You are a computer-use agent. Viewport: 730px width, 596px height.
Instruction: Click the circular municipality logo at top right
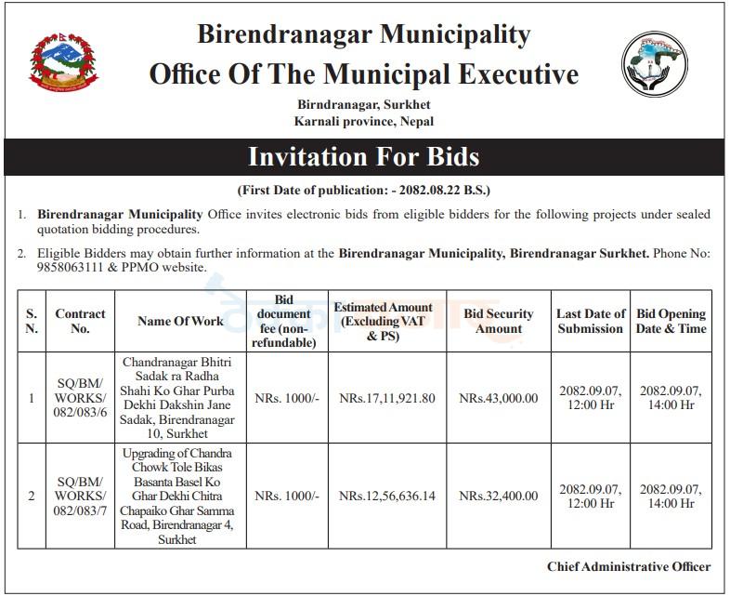[x=654, y=64]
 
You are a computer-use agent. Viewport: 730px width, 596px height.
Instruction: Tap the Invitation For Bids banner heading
[x=364, y=155]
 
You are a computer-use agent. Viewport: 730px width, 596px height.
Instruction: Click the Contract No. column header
[x=80, y=321]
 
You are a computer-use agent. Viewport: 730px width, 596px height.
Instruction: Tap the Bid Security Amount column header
[x=499, y=321]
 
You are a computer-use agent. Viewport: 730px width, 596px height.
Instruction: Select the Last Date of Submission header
[x=591, y=321]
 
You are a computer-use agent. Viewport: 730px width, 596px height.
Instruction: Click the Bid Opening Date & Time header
[x=671, y=321]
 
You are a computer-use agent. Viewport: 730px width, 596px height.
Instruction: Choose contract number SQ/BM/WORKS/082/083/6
[x=80, y=398]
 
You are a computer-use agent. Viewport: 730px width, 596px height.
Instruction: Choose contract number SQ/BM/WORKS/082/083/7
[x=80, y=496]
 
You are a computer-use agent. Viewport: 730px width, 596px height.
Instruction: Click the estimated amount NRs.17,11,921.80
[x=386, y=398]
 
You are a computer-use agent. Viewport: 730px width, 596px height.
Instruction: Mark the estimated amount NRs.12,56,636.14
[x=386, y=496]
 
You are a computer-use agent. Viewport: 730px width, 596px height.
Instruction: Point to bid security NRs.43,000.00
[x=499, y=398]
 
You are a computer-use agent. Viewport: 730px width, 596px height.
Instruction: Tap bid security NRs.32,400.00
[x=499, y=496]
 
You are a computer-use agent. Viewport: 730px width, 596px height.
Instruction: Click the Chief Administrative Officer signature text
[x=629, y=566]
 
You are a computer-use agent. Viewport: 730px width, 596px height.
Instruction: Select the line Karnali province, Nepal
[x=364, y=121]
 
